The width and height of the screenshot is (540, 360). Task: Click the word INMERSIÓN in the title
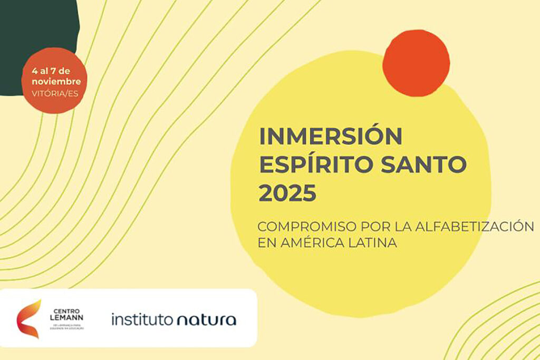[330, 137]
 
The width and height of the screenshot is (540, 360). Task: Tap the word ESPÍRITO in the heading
[311, 166]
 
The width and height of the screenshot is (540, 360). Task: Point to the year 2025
[287, 194]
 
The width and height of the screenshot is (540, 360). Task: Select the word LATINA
[366, 244]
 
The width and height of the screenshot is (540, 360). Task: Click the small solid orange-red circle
[416, 63]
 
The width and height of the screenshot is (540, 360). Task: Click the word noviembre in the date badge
[56, 82]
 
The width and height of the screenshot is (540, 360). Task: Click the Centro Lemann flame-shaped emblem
[29, 318]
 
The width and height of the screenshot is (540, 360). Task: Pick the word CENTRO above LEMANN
[66, 310]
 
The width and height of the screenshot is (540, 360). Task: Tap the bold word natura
[207, 319]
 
